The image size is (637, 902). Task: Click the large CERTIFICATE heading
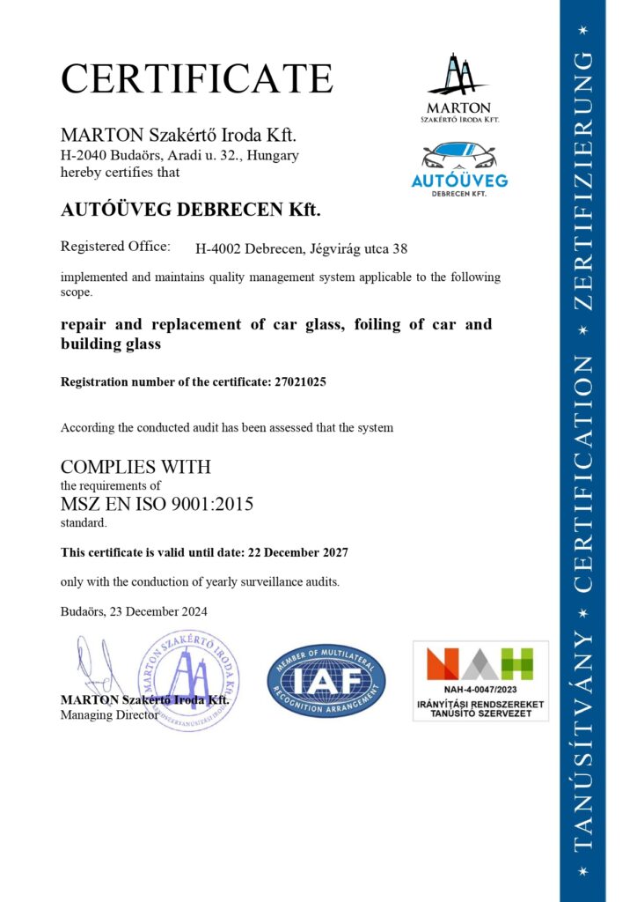(x=196, y=78)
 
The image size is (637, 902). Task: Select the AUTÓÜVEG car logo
(x=458, y=168)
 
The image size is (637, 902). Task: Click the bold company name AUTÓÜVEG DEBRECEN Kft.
(x=191, y=210)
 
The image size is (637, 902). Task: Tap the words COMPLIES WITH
(x=135, y=467)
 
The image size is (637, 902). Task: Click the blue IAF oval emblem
(x=326, y=680)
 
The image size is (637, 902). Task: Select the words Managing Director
(x=109, y=714)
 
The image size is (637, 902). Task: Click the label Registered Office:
(x=115, y=248)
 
